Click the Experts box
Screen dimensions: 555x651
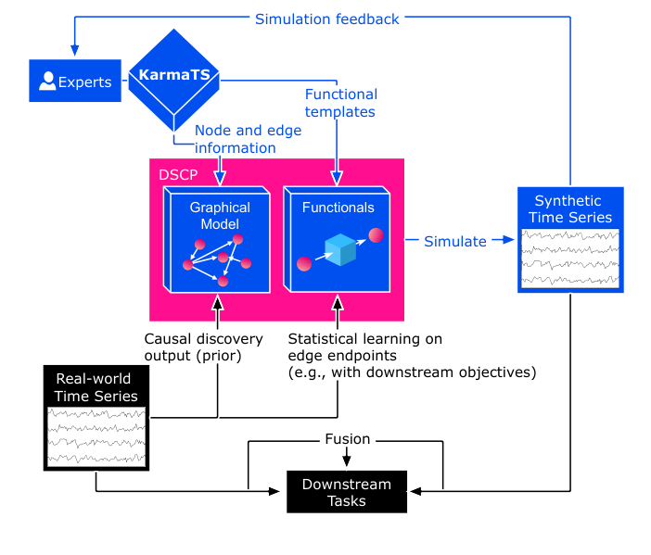click(x=75, y=82)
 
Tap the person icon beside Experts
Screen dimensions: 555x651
click(x=46, y=82)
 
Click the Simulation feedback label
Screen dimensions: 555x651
click(x=326, y=19)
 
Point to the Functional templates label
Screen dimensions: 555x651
click(x=341, y=102)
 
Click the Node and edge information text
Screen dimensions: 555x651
click(x=236, y=139)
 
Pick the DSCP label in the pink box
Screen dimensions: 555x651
click(x=176, y=175)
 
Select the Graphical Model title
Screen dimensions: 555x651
click(x=214, y=216)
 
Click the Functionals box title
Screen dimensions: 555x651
click(x=338, y=208)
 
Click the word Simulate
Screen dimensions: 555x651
click(x=454, y=241)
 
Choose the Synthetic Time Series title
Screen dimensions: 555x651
click(x=568, y=209)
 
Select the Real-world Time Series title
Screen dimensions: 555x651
click(x=96, y=387)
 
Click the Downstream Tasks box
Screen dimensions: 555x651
click(x=346, y=492)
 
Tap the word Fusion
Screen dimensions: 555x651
click(x=347, y=439)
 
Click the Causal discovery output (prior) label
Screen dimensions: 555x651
click(x=203, y=347)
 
